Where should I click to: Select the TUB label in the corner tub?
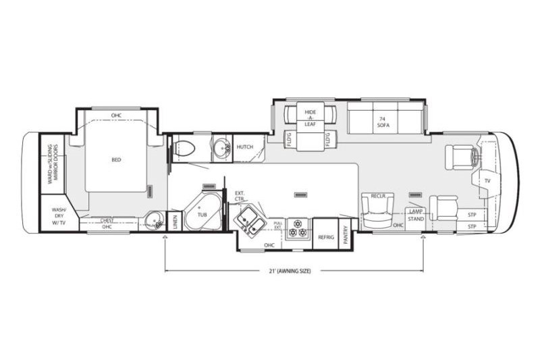coord(201,214)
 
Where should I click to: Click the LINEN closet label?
coord(174,221)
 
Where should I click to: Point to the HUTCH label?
coord(244,147)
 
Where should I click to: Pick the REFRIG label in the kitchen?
coord(326,237)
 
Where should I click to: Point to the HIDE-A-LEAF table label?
coord(310,115)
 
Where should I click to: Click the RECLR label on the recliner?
coord(377,196)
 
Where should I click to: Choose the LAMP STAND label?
coord(415,215)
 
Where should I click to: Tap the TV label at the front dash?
coord(487,180)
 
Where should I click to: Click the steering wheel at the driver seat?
coord(477,157)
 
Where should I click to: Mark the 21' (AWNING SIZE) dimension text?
coord(294,270)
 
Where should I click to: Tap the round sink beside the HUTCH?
coord(221,147)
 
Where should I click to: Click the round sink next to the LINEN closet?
coord(154,220)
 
